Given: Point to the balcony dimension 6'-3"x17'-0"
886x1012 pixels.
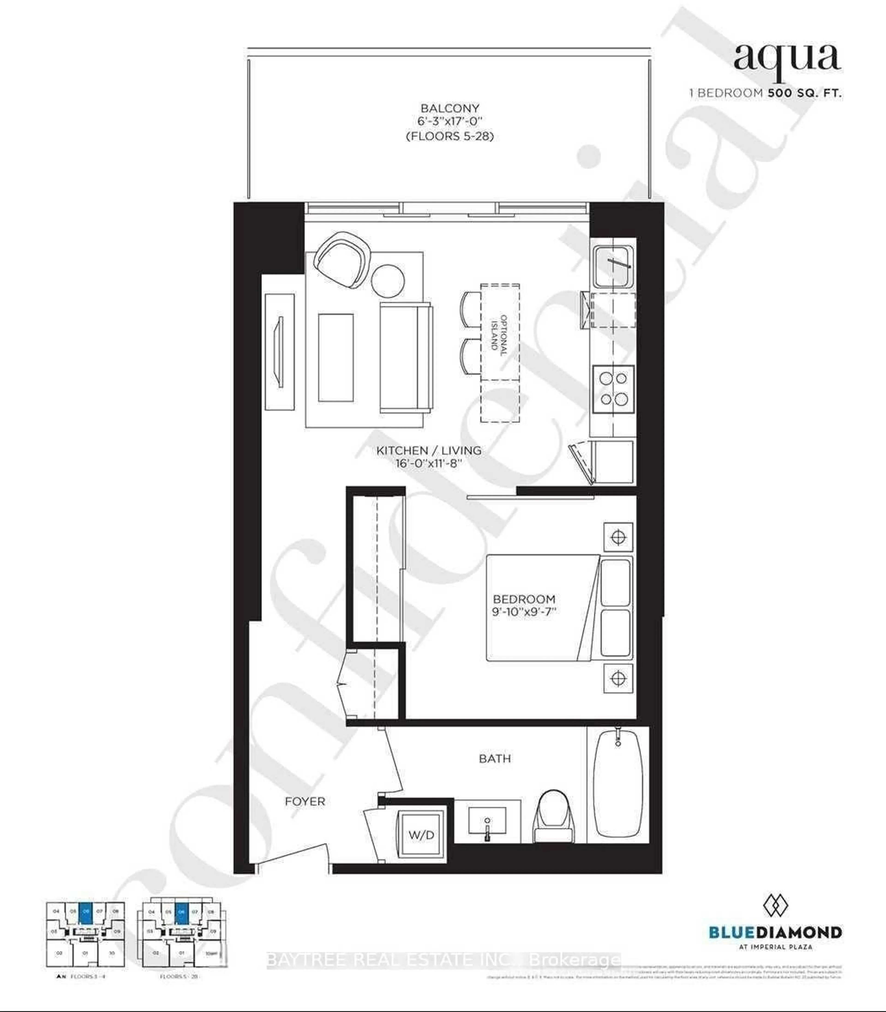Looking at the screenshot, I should point(449,122).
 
